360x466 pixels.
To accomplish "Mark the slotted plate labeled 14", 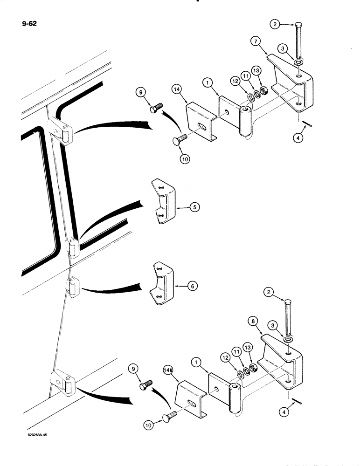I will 200,123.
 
